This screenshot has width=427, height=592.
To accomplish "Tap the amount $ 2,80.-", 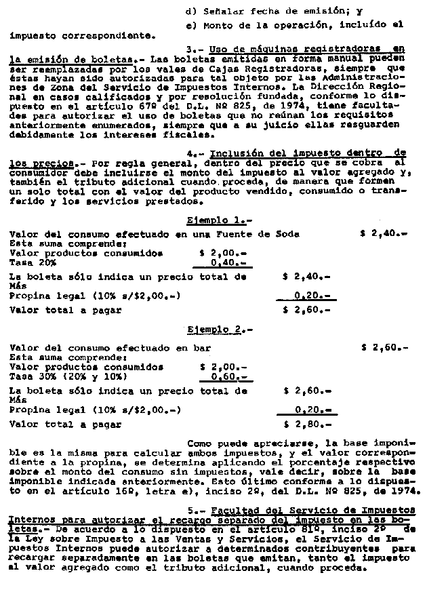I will pos(306,425).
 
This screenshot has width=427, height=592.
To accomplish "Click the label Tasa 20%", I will pos(33,263).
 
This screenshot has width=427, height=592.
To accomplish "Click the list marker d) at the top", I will pos(190,12).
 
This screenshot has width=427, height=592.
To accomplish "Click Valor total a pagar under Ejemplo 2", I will pos(65,425).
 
